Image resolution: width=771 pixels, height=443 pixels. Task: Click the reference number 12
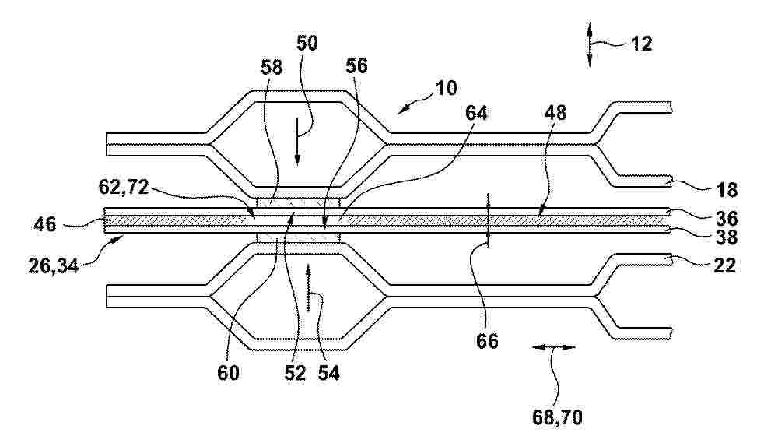641,44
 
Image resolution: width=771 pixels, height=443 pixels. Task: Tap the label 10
446,89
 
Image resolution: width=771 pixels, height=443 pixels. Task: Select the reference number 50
307,44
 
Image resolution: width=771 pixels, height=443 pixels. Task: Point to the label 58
272,67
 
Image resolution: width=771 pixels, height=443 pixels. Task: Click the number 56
356,65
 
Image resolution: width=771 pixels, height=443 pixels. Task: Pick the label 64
476,113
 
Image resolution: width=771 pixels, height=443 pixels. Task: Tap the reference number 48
555,113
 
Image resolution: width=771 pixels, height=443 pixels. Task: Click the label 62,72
124,187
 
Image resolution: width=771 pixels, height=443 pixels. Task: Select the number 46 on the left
45,224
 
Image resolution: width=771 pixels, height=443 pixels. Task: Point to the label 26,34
54,266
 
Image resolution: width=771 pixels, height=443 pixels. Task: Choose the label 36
727,218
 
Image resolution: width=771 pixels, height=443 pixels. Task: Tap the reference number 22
724,265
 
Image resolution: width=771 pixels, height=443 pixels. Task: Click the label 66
487,341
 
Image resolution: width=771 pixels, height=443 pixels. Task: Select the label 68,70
557,417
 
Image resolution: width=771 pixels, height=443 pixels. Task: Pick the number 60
228,373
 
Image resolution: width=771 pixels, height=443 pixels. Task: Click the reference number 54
328,373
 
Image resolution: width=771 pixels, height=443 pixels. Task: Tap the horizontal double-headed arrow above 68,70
554,347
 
